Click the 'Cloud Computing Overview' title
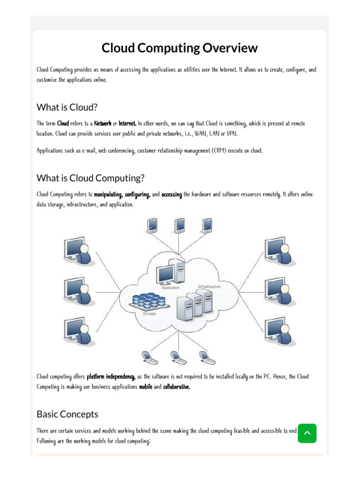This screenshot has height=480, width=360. click(180, 48)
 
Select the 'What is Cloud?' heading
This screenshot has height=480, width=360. click(67, 107)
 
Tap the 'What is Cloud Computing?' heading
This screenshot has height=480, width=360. click(90, 178)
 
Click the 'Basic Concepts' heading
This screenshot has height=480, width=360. click(67, 414)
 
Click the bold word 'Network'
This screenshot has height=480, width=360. click(103, 124)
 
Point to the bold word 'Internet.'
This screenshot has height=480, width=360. click(127, 124)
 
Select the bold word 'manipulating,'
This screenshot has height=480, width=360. click(108, 195)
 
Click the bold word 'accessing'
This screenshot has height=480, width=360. click(172, 195)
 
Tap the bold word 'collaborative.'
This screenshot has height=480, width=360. click(177, 387)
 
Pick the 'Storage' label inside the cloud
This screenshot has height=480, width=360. click(149, 314)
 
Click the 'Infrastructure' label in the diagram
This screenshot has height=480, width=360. click(209, 286)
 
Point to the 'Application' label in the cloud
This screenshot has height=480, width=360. click(171, 288)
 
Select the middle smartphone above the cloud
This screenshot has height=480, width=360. click(180, 225)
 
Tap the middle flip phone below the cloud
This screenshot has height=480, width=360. click(178, 358)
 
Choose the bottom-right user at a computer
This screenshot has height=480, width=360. click(280, 331)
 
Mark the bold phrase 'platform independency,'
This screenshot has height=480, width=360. click(111, 377)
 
